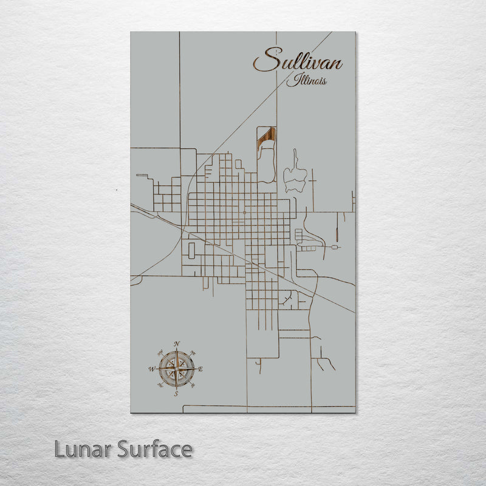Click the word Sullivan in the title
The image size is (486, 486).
click(x=298, y=61)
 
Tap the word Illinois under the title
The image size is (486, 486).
click(x=310, y=80)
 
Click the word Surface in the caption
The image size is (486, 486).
click(x=155, y=450)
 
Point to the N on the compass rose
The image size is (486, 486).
click(x=177, y=344)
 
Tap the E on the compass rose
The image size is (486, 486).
click(x=200, y=369)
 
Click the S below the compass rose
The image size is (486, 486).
click(x=176, y=394)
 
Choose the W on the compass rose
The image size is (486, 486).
click(x=152, y=369)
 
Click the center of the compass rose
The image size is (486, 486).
click(x=177, y=369)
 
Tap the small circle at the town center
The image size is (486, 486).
click(x=244, y=213)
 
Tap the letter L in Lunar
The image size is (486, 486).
click(x=59, y=450)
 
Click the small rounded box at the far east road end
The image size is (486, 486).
click(x=335, y=248)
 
